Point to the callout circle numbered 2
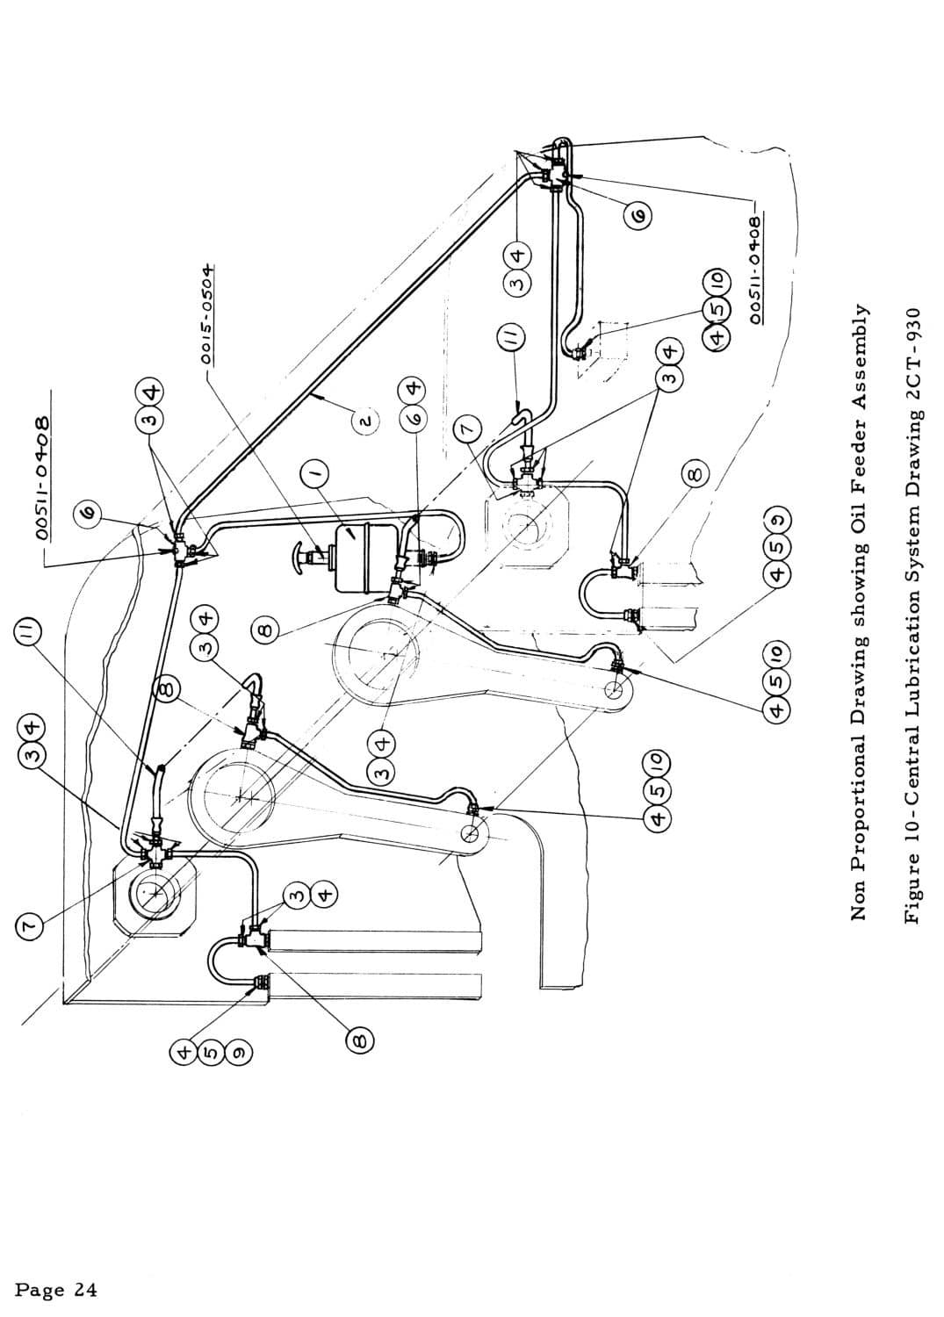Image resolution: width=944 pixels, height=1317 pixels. click(x=366, y=421)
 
